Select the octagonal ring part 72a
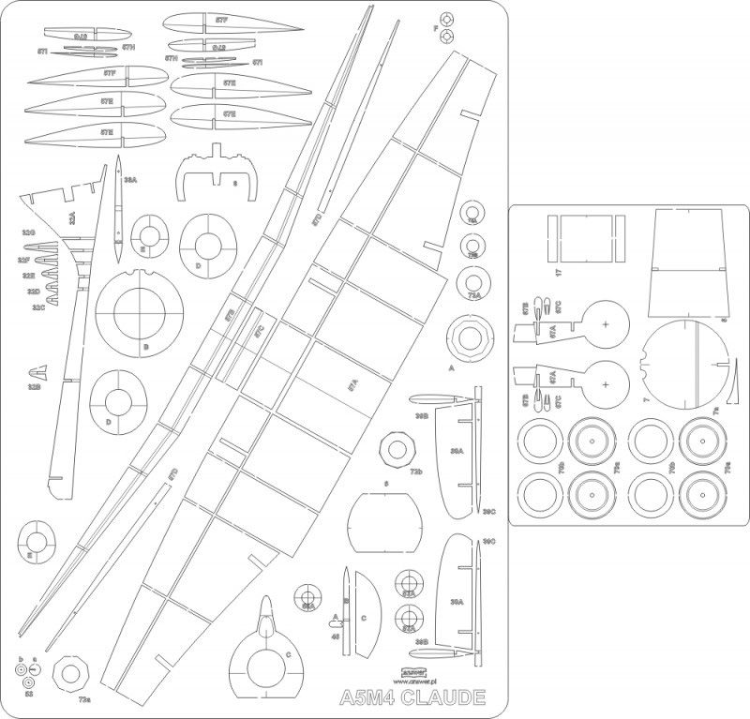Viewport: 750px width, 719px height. click(x=70, y=673)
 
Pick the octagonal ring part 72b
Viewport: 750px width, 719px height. click(x=394, y=454)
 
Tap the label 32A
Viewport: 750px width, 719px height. click(x=72, y=218)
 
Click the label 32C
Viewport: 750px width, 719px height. click(x=37, y=307)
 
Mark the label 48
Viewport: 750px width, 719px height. click(x=335, y=636)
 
